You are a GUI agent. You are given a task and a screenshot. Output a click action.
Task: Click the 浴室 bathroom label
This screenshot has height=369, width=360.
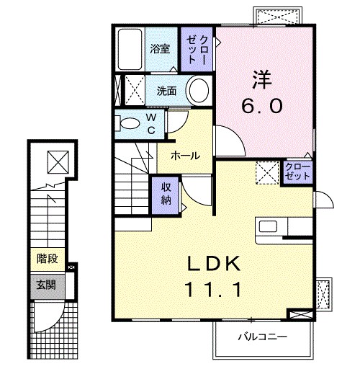[160, 50]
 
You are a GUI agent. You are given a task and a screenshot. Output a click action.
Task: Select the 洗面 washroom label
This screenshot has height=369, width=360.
[167, 91]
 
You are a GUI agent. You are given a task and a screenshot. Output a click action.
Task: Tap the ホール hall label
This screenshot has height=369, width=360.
[185, 156]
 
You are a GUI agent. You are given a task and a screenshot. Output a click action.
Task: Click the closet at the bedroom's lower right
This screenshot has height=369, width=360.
[296, 172]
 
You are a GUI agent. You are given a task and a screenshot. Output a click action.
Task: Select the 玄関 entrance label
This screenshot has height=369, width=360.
[47, 284]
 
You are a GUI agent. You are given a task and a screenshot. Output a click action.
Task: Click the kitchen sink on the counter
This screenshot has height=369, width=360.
[271, 229]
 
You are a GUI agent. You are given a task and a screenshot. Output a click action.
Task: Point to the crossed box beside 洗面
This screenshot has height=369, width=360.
[134, 91]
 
